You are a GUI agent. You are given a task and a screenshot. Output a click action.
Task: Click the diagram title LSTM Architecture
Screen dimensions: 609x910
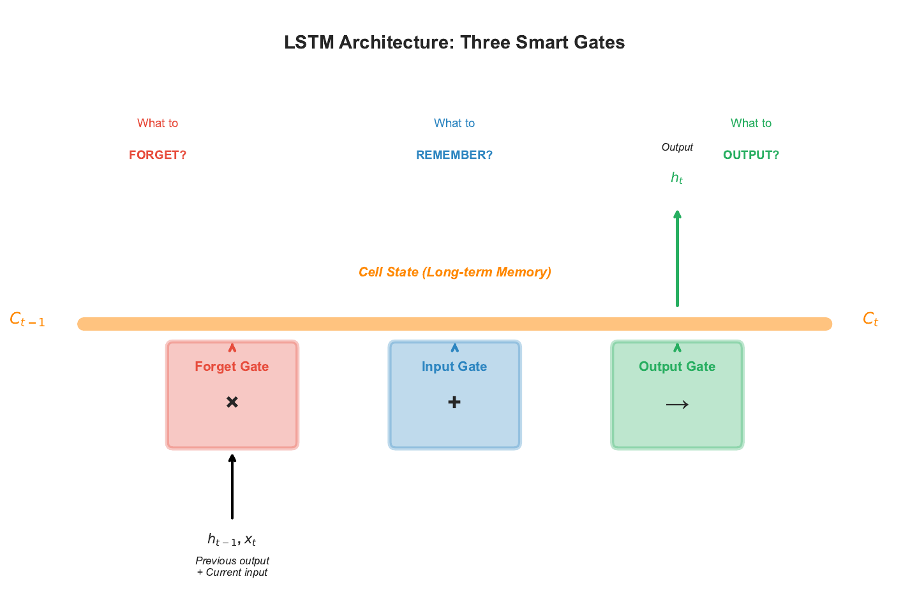[454, 42]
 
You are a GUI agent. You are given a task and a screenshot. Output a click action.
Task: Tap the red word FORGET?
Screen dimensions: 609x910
[158, 155]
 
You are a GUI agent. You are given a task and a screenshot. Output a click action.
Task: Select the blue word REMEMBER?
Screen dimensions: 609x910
[454, 155]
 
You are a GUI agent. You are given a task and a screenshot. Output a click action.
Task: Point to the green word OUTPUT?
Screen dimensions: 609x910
[750, 155]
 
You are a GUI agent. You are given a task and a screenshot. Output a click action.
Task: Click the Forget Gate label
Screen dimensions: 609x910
[232, 366]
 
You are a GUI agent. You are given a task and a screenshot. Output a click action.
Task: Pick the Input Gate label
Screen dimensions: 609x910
[454, 366]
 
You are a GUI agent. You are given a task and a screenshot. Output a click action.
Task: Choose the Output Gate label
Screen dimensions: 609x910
[676, 366]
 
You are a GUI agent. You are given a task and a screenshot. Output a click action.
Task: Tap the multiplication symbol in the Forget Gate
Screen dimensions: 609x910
[232, 402]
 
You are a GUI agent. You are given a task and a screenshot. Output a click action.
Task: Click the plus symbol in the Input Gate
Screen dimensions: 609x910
[454, 402]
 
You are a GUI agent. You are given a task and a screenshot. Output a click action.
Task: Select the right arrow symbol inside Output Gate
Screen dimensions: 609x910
[677, 404]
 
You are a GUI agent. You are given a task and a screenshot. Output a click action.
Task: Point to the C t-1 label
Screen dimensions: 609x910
[27, 320]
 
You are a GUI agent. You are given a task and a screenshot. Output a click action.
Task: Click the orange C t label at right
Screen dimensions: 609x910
[870, 319]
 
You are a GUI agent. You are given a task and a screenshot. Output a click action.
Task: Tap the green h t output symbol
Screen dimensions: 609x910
[676, 178]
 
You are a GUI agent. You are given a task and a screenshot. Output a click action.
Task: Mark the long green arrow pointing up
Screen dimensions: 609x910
[677, 259]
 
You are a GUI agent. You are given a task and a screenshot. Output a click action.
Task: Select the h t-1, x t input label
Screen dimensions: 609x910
[232, 540]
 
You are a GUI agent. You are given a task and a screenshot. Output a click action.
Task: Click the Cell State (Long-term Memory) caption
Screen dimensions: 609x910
[454, 272]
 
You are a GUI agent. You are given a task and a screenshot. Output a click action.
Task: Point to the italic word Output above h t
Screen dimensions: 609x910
[677, 147]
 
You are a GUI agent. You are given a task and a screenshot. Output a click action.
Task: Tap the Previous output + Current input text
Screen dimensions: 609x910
[232, 566]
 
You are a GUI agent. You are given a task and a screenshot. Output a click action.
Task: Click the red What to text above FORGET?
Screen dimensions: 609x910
[158, 123]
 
